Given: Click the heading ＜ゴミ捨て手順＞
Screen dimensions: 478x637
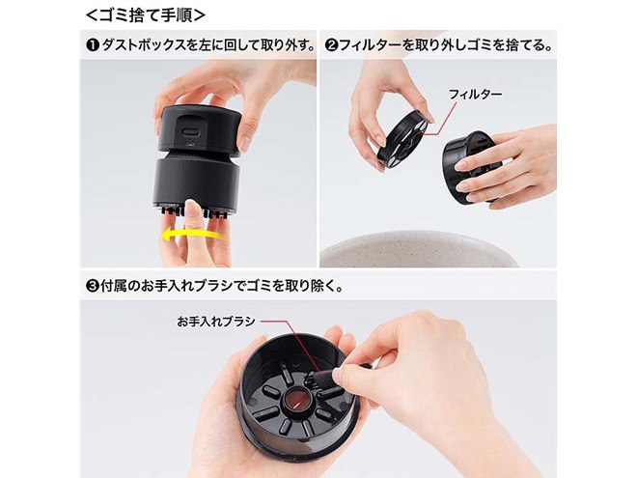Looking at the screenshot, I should tap(145, 16).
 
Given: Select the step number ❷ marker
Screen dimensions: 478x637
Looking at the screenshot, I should tap(331, 44).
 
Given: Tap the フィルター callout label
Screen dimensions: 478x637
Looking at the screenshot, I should tap(472, 95).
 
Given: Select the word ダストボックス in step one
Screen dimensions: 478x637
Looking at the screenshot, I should tap(136, 44).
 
